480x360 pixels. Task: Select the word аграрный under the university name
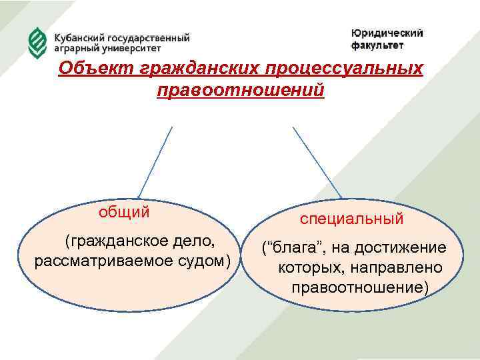(75, 49)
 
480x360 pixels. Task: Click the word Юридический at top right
(387, 34)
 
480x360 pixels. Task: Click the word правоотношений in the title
(241, 89)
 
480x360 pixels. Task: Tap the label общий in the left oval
(125, 212)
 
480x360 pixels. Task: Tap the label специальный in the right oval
(351, 219)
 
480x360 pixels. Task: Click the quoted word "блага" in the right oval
(291, 249)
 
